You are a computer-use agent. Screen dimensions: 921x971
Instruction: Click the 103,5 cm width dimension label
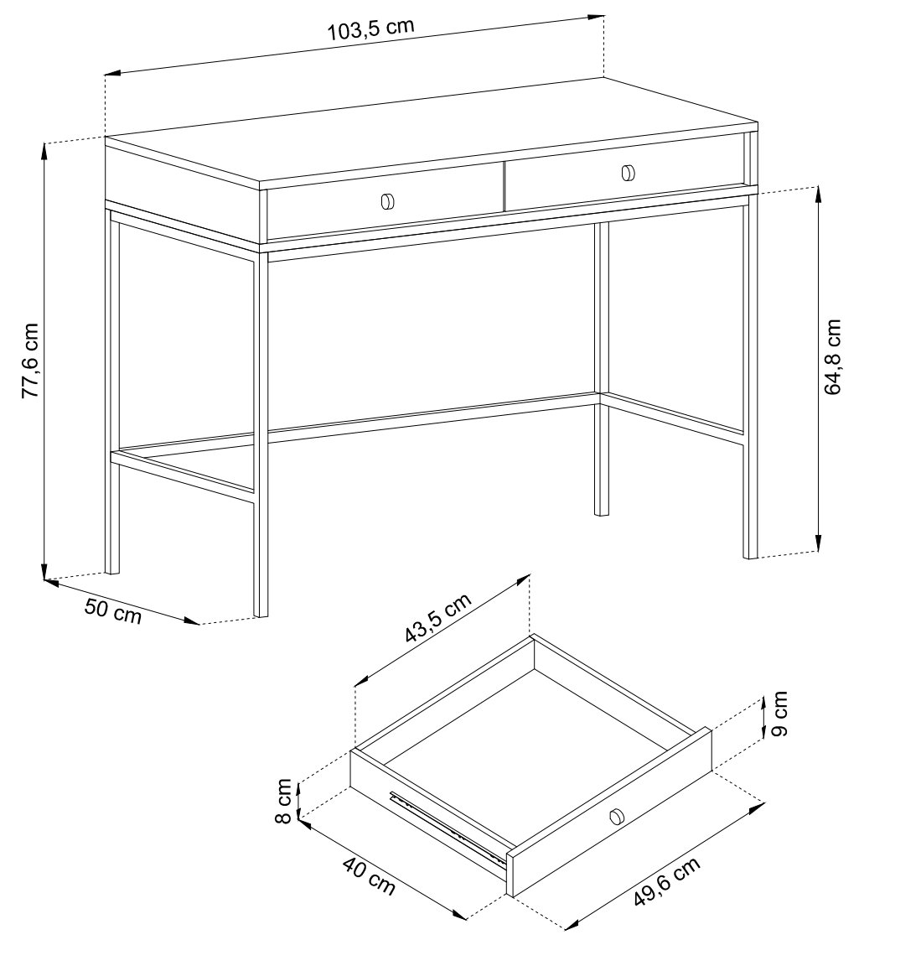370,29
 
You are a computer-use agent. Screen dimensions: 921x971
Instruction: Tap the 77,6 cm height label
30,361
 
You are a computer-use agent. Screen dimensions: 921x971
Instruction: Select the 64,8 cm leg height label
833,356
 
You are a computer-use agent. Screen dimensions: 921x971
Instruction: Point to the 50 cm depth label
113,610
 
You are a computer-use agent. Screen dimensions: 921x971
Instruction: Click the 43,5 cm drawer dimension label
437,617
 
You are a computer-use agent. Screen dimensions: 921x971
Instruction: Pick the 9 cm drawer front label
780,714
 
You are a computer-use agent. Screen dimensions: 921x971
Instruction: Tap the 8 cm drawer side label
283,801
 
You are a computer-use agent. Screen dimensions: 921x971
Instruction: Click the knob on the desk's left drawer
387,201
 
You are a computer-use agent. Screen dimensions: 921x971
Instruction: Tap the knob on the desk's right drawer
628,173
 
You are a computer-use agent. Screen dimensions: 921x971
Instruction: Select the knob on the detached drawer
617,817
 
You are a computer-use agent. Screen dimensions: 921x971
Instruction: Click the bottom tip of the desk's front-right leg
750,557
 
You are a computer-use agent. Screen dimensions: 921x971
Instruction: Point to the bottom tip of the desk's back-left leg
112,572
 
